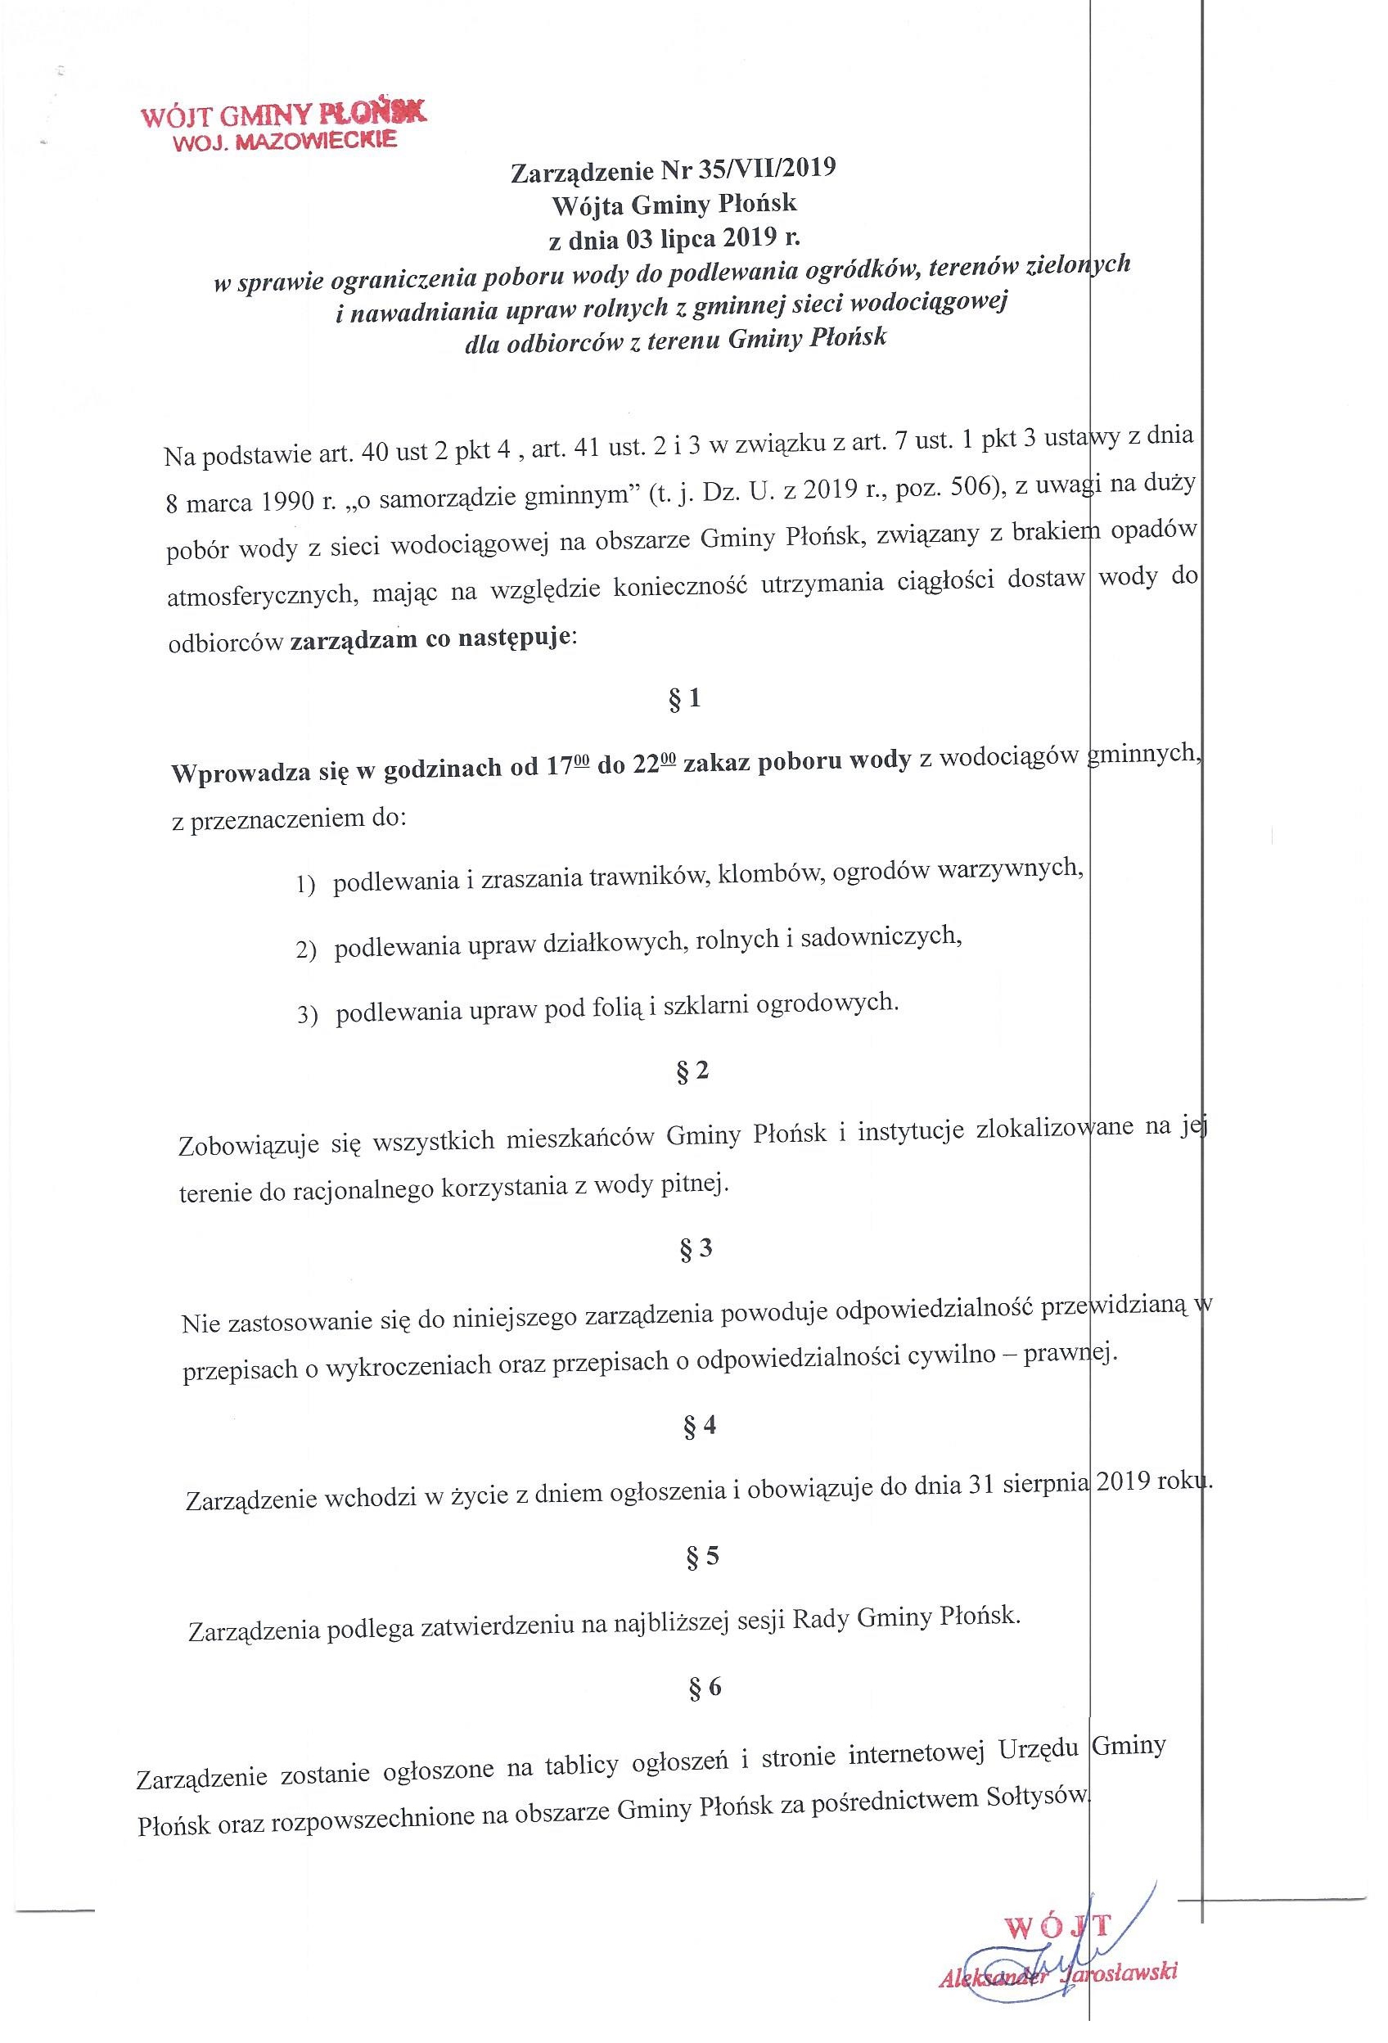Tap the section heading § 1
[685, 700]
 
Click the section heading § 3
[696, 1249]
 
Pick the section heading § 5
[702, 1556]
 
